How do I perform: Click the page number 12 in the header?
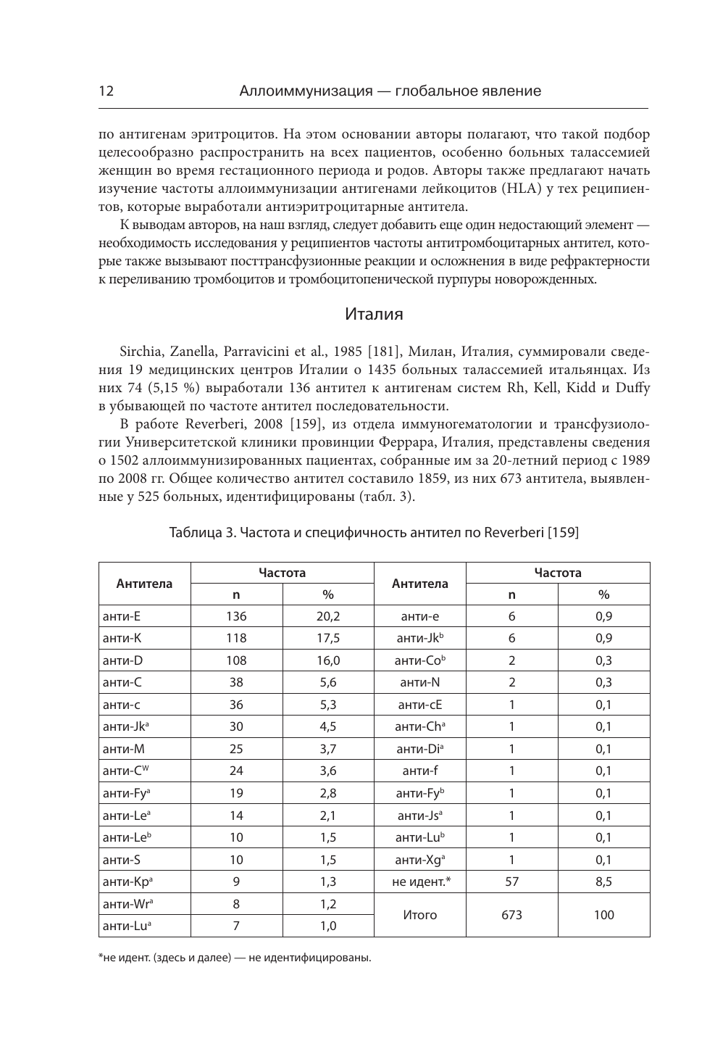point(106,91)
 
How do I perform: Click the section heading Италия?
point(373,315)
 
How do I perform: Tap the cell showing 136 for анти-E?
point(236,617)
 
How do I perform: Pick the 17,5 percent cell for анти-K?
point(328,639)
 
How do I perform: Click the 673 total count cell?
point(511,915)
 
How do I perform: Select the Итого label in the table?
point(420,915)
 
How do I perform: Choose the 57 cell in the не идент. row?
point(511,882)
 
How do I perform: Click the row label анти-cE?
point(420,705)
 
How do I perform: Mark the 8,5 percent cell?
point(603,882)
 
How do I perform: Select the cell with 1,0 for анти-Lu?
point(328,926)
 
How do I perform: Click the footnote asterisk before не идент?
point(101,957)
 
